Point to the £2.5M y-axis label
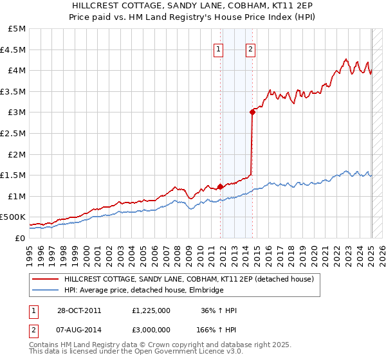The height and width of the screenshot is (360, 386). [14, 133]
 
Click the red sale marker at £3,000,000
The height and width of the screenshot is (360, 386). [252, 112]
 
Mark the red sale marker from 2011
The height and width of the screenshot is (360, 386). [220, 186]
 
